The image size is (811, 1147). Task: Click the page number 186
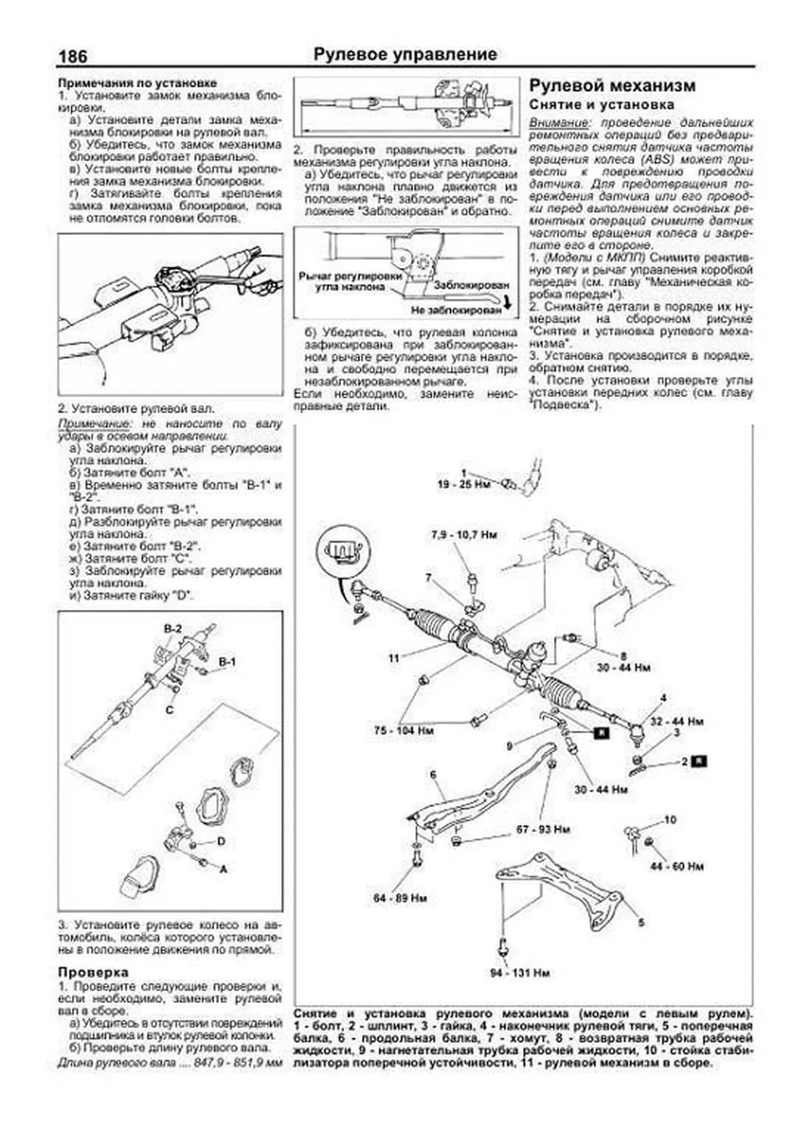73,56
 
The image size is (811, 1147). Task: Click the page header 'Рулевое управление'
405,55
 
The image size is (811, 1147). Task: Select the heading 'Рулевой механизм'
612,86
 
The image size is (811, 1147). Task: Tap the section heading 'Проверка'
93,972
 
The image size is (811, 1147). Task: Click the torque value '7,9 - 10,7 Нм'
464,535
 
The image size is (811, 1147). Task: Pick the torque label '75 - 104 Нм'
403,731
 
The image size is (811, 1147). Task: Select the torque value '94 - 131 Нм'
520,973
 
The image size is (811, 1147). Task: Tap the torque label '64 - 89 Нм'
400,898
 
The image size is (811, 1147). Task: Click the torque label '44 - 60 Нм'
677,867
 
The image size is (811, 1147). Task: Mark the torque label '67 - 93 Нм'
543,829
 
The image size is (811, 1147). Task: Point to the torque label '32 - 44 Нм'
677,721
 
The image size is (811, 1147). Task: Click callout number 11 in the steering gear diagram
394,657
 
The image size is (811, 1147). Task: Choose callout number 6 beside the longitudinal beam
433,775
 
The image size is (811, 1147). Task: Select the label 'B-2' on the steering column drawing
173,629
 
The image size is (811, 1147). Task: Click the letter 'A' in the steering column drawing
224,869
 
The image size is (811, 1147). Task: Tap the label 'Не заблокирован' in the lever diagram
456,310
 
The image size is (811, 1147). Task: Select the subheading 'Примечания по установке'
137,83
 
